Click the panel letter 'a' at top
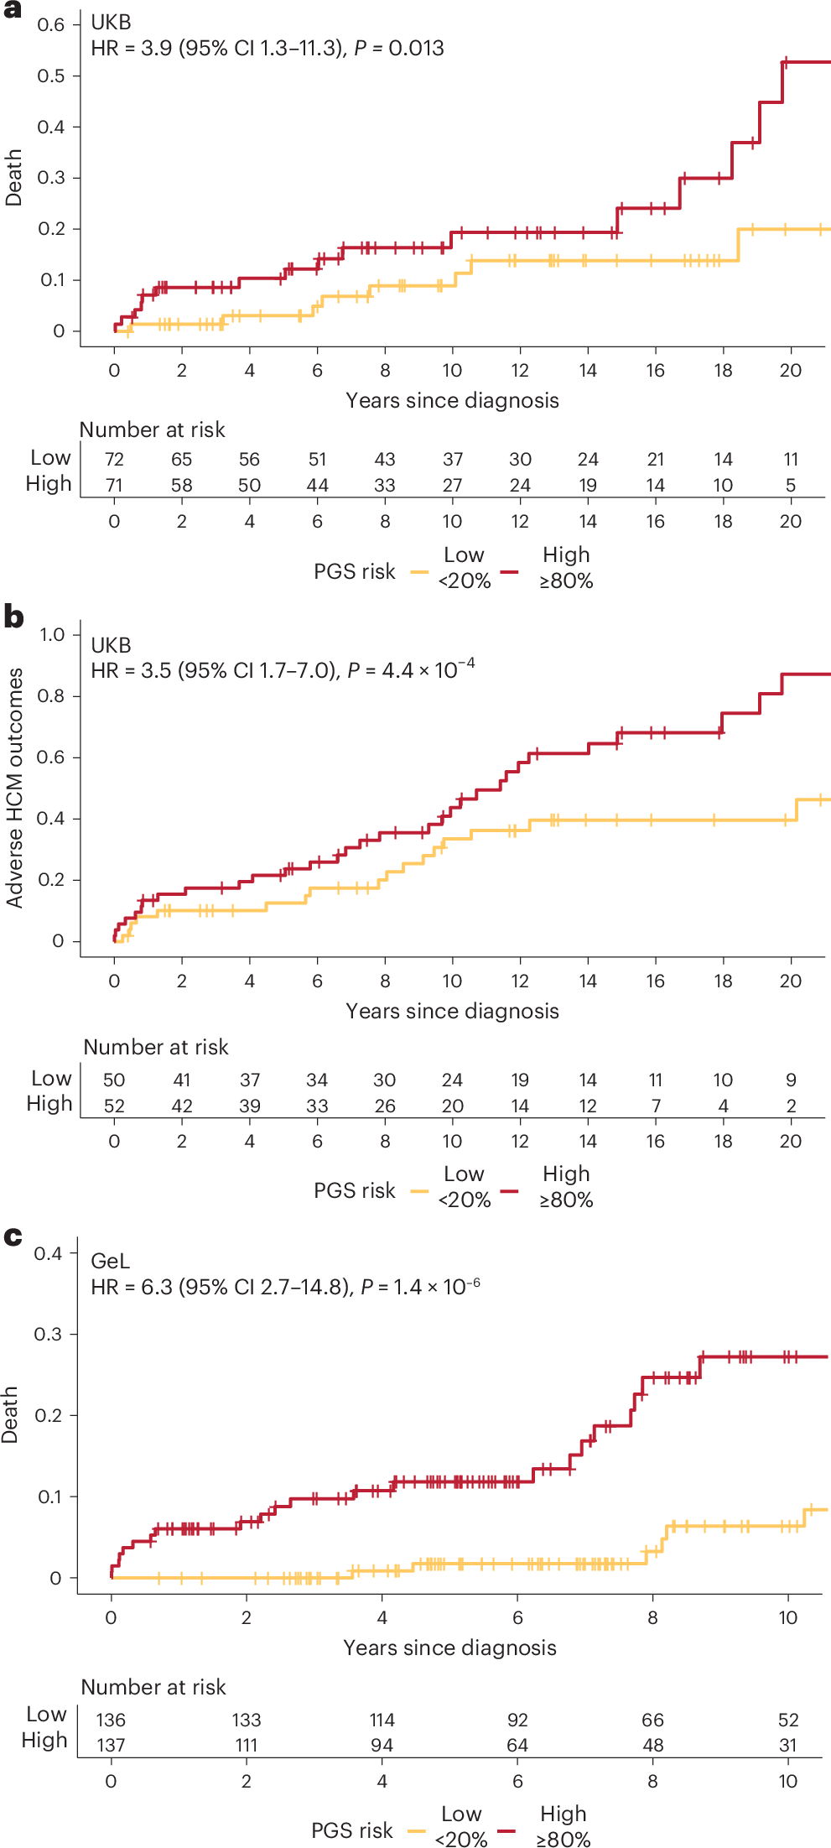13,11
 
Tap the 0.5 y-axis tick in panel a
51,75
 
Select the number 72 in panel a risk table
114,459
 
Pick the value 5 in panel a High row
790,485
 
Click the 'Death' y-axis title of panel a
13,178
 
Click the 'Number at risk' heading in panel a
152,429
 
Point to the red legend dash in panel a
509,571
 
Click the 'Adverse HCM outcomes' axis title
14,788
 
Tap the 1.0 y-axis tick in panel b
52,634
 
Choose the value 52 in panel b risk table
114,1106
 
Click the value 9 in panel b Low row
791,1080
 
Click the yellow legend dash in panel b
419,1190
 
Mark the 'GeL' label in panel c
110,1261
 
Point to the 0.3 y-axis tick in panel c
49,1334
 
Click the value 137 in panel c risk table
111,1745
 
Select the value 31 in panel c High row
787,1745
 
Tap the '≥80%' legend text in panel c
564,1840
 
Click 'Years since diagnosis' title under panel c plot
449,1648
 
